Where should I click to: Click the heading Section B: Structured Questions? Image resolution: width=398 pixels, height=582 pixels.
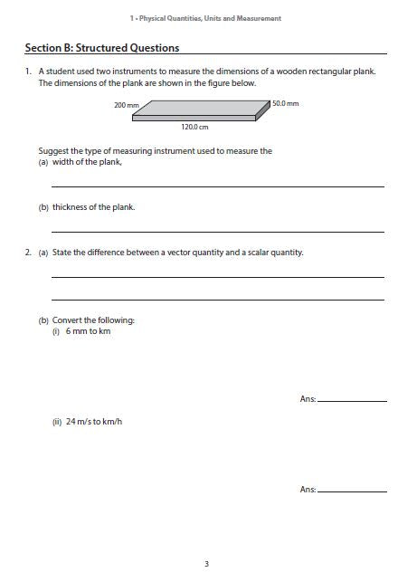point(101,48)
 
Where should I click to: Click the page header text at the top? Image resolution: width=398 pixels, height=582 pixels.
point(207,18)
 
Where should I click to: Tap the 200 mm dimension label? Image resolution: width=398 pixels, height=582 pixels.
point(126,105)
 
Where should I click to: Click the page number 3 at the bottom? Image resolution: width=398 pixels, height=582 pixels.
point(206,564)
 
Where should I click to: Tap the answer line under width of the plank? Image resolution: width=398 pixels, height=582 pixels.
point(217,186)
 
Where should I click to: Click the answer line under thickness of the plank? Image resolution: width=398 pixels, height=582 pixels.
point(217,232)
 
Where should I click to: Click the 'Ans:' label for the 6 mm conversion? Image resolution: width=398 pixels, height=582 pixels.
point(308,399)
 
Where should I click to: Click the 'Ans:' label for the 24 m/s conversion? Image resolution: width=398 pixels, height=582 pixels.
point(308,490)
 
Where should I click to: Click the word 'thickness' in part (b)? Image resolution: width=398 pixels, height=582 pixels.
point(69,207)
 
